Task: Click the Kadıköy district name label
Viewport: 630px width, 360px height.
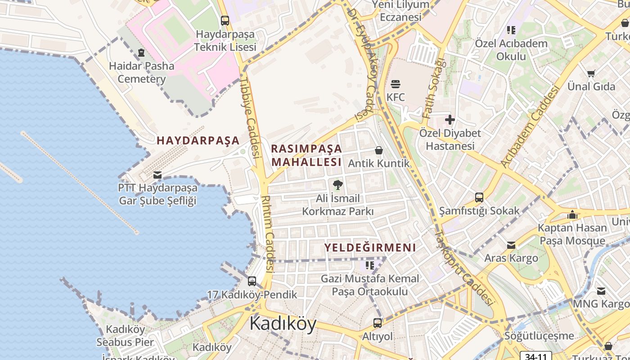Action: coord(283,323)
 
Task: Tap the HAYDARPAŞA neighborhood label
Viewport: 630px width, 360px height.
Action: coord(198,140)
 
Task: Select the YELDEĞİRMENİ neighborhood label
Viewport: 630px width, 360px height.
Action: coord(370,247)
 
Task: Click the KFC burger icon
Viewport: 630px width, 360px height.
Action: coord(396,84)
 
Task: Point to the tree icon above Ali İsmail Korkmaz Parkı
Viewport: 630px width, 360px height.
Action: coord(337,184)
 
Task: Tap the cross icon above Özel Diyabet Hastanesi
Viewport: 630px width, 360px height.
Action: coord(450,120)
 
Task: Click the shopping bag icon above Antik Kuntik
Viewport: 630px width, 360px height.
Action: coord(379,150)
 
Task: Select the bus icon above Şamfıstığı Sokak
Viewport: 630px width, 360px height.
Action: coord(479,197)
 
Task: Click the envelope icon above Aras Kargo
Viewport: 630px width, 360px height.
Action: coord(511,245)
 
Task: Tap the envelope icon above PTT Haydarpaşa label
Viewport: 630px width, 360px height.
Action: coord(157,175)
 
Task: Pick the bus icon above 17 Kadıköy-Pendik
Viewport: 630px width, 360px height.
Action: coord(252,281)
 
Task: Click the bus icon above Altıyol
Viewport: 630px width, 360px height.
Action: coord(378,323)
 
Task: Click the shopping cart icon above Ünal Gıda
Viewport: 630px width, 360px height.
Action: coord(591,73)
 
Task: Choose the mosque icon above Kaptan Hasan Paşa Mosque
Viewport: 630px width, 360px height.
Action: coord(572,215)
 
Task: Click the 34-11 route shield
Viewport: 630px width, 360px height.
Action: coord(535,356)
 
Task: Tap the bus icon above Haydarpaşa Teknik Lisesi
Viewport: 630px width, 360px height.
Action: coord(225,21)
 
